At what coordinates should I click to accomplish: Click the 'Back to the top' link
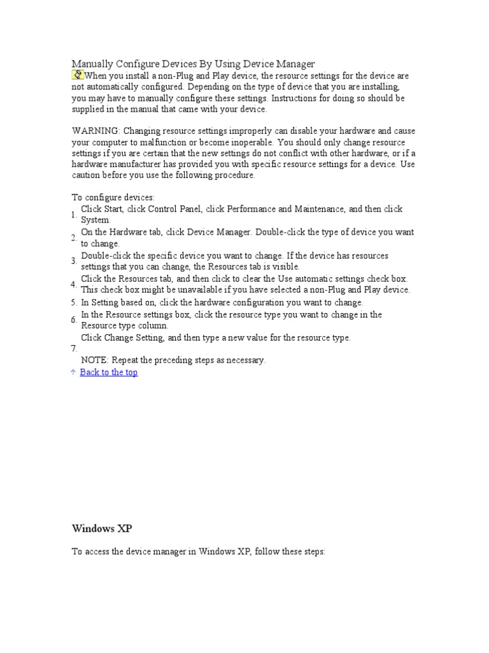pos(108,372)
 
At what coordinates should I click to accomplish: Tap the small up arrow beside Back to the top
pos(73,372)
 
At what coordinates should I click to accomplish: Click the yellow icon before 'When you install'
pos(78,75)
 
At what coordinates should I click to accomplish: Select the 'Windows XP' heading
pos(102,529)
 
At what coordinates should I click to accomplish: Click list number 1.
pos(74,214)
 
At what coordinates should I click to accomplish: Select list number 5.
pos(74,302)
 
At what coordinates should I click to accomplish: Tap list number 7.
pos(74,348)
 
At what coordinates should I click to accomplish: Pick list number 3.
pos(74,261)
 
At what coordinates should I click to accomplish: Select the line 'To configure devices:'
pos(113,198)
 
